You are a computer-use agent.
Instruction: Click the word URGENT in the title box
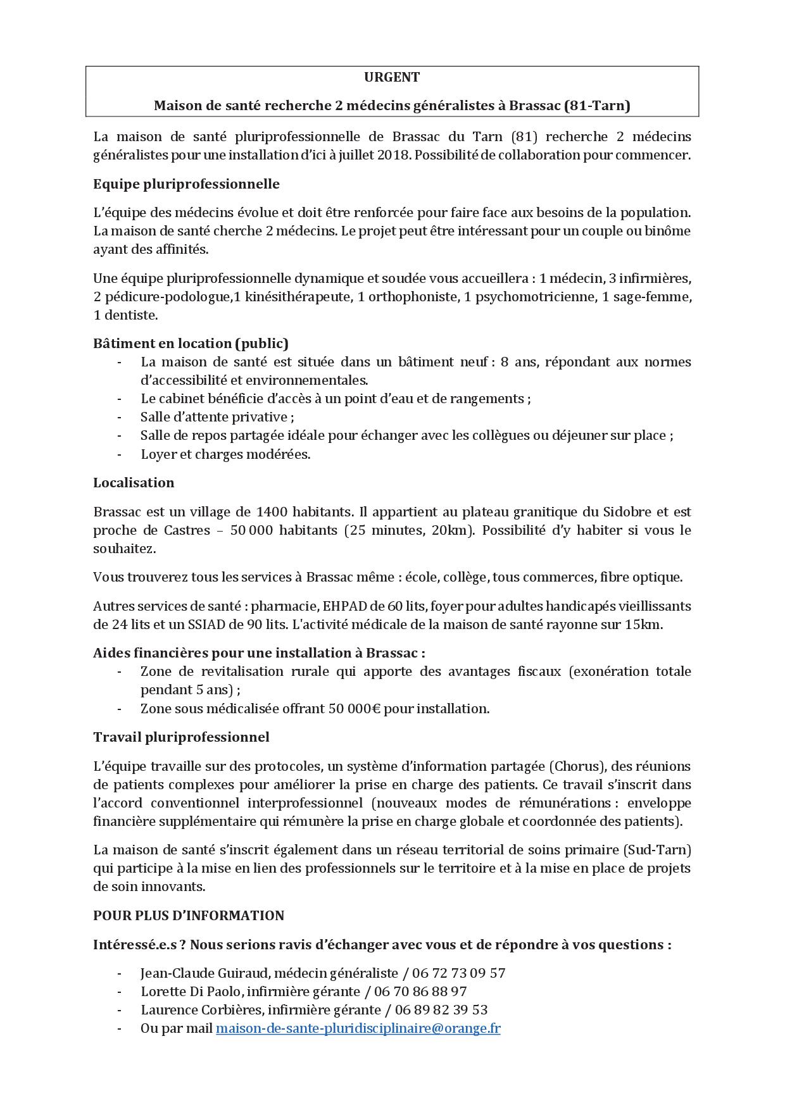(392, 78)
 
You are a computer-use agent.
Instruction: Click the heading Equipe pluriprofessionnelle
(186, 184)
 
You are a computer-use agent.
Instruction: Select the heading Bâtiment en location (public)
(191, 344)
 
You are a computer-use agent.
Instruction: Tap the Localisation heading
(134, 483)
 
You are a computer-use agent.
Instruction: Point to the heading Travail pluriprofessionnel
(181, 737)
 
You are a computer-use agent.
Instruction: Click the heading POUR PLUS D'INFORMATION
(189, 916)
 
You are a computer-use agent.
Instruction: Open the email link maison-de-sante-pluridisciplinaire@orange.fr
(358, 1028)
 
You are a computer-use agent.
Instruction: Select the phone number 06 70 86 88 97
(424, 992)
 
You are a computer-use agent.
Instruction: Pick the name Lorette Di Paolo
(190, 992)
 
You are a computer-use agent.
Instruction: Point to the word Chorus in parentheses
(575, 766)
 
